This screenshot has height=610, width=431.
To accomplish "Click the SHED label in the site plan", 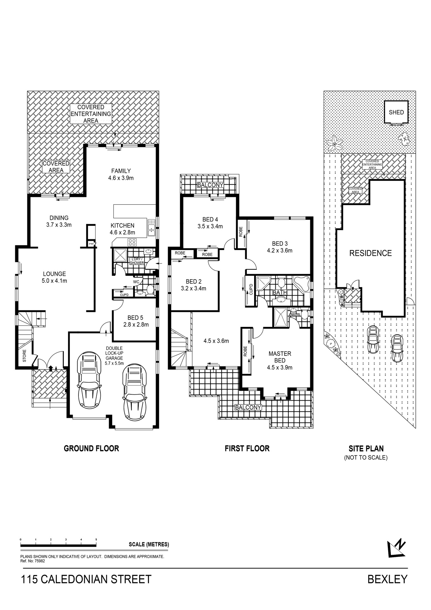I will coord(396,112).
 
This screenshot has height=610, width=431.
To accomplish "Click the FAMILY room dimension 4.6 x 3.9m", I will coord(121,178).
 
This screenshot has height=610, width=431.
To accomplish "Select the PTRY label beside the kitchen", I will coord(91,244).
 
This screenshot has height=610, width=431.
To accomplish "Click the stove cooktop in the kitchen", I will coord(132,242).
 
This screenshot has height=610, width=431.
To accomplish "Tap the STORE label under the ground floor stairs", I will coord(24,356).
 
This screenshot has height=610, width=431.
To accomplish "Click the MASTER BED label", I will coord(279,357).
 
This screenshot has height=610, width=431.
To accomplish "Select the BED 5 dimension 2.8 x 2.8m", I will coord(136,324).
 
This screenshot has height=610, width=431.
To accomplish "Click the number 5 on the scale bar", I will coord(96,539).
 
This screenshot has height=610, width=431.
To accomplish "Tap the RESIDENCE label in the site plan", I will coord(370,253).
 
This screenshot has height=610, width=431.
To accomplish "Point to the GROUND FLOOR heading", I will coord(91,448).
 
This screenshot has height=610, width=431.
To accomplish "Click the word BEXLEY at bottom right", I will coord(387,579).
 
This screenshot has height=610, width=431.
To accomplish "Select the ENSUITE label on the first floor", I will coord(294,315).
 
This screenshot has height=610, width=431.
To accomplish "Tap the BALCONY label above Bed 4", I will coord(210,185).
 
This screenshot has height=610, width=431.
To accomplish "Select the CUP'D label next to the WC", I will coord(124,295).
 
